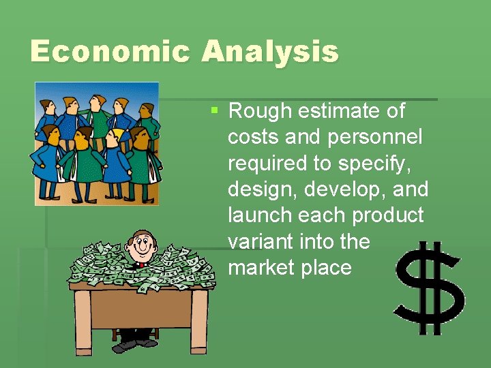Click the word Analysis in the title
coord(269,52)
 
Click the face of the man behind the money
coord(142,245)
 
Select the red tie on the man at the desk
coord(140,264)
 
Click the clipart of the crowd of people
coord(96,143)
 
